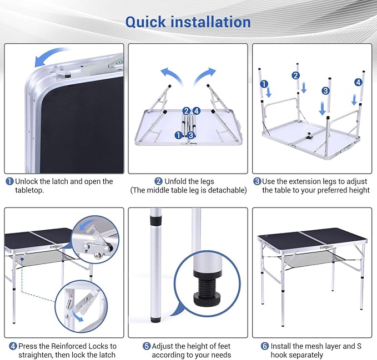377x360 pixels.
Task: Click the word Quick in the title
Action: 145,22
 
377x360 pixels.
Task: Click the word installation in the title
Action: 210,22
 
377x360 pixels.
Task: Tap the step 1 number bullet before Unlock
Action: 9,181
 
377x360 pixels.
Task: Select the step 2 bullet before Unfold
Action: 158,181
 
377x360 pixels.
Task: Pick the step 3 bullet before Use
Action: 257,181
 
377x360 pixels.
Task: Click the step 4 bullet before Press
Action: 13,346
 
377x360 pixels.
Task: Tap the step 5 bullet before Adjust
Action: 147,346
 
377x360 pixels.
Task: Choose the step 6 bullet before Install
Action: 265,346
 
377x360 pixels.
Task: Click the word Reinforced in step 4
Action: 68,346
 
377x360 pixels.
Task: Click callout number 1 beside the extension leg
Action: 264,84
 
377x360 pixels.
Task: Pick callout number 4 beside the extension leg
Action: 359,83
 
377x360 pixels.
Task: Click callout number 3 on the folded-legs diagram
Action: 191,135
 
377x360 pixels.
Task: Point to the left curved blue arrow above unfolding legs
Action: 170,75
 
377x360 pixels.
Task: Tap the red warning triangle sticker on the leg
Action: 71,295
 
